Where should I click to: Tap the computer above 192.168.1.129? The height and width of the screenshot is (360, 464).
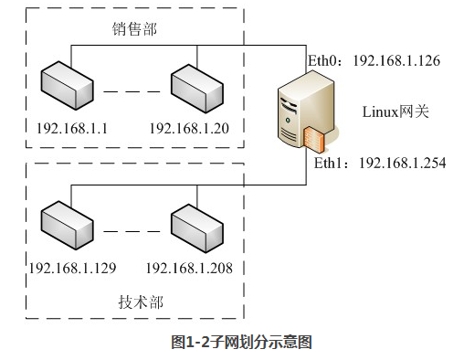coord(66,225)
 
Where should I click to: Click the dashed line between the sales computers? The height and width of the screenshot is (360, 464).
coord(131,91)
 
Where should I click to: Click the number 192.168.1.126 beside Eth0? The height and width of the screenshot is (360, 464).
coord(397,61)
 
